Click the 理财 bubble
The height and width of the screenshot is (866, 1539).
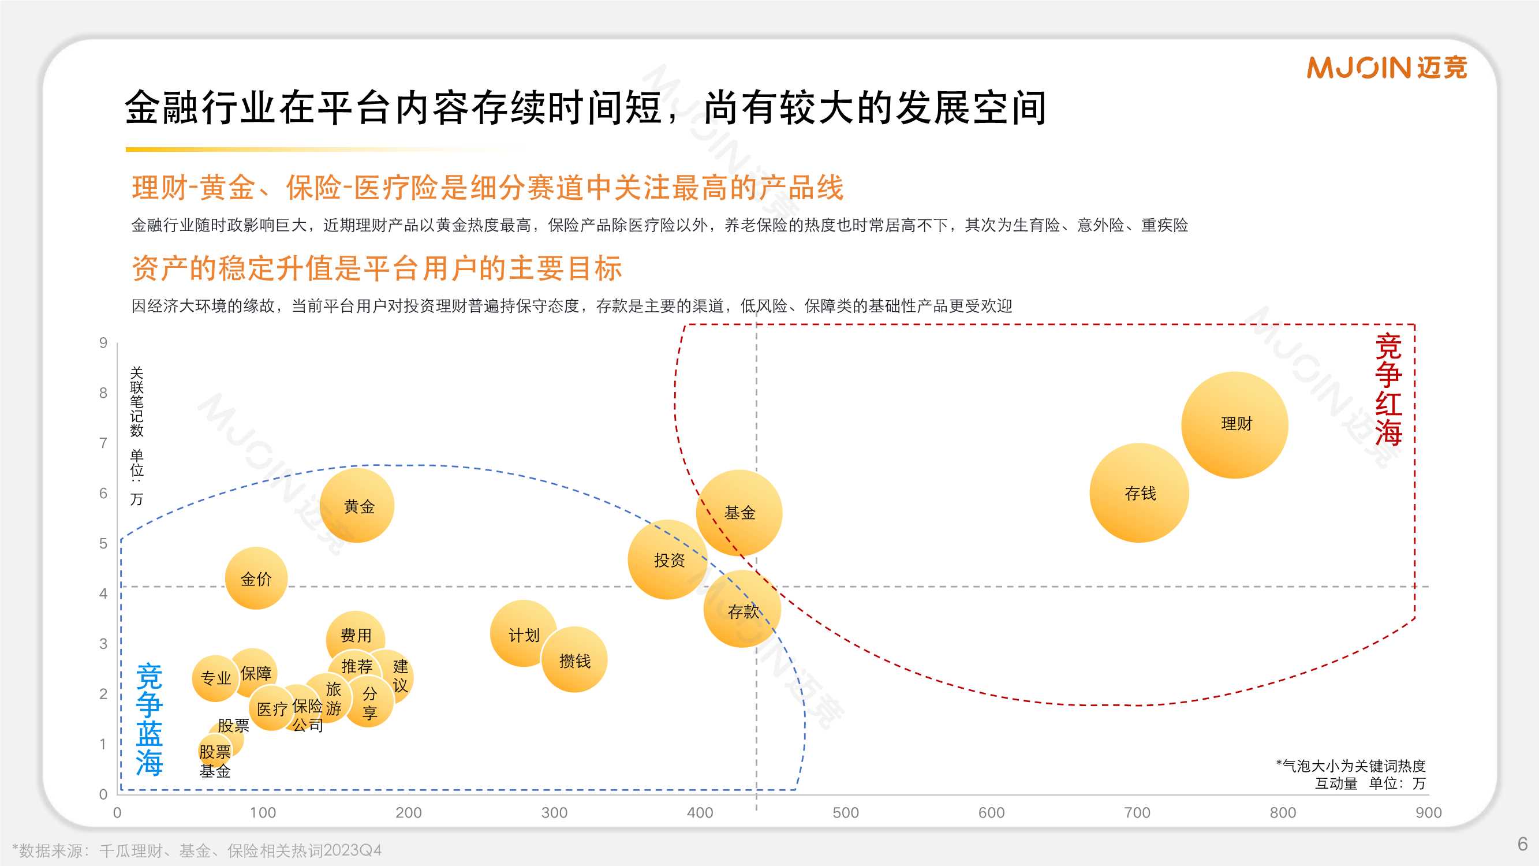click(x=1234, y=424)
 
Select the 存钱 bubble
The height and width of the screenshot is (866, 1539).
click(x=1139, y=493)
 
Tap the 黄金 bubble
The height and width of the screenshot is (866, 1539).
click(x=357, y=506)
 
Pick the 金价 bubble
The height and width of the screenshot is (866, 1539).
click(x=256, y=578)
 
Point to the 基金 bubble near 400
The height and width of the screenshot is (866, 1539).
click(x=739, y=512)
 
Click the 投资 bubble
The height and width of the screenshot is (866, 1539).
click(x=668, y=560)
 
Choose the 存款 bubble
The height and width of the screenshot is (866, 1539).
click(x=742, y=610)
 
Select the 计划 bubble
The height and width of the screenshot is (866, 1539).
click(x=523, y=634)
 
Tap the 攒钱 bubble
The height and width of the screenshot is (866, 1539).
click(x=574, y=660)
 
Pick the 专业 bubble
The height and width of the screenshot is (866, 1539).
click(x=215, y=678)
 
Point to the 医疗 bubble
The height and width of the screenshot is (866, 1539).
click(x=271, y=709)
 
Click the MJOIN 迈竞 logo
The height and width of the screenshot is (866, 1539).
click(x=1386, y=68)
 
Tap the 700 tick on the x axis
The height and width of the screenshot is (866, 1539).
click(x=1136, y=813)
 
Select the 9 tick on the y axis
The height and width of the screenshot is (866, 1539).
click(x=103, y=342)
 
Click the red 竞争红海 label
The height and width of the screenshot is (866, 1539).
click(x=1388, y=390)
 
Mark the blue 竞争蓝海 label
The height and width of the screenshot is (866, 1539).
click(x=149, y=719)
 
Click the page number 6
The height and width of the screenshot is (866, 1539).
click(x=1522, y=844)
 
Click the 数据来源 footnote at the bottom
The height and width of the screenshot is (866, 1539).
click(x=197, y=850)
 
